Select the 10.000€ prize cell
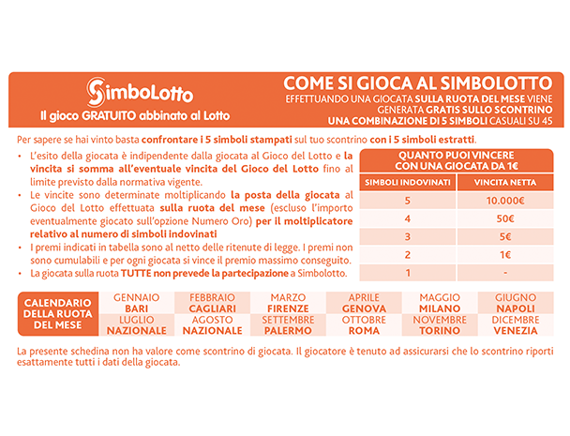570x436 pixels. pyautogui.click(x=504, y=201)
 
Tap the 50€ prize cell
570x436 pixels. pyautogui.click(x=504, y=218)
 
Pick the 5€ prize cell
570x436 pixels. pyautogui.click(x=504, y=236)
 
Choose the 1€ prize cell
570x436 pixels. pyautogui.click(x=504, y=254)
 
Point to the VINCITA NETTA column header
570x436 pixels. pyautogui.click(x=504, y=181)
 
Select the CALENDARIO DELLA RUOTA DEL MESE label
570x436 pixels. pyautogui.click(x=58, y=315)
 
